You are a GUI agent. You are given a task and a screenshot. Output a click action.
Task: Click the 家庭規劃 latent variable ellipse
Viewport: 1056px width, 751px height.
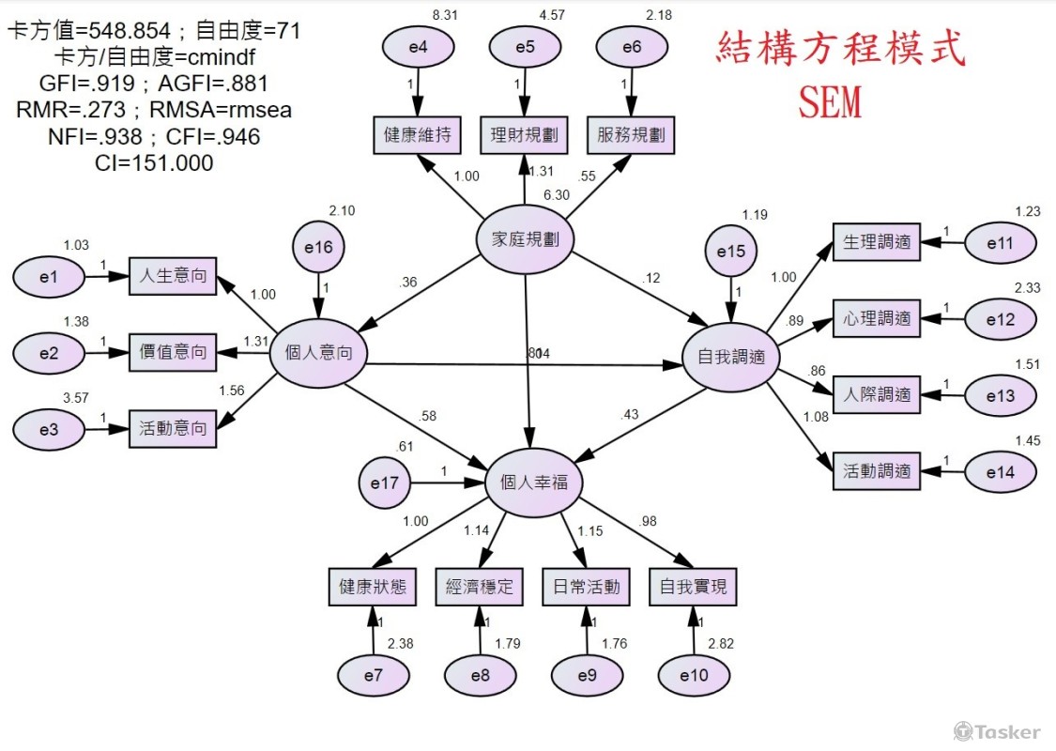point(525,239)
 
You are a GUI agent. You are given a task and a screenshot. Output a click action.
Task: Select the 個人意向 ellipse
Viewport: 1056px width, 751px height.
point(318,354)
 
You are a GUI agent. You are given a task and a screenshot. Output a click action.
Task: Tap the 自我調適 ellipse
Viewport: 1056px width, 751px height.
point(731,357)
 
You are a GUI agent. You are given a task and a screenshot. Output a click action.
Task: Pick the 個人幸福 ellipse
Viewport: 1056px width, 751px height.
point(533,483)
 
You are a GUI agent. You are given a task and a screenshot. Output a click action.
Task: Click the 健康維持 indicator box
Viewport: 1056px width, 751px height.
point(417,135)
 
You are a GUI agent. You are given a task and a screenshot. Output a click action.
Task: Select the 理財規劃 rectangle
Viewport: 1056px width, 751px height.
point(524,135)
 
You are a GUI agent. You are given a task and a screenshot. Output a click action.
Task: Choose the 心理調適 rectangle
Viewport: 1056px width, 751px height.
point(876,318)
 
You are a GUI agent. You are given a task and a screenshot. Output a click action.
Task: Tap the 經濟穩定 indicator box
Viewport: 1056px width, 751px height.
point(479,588)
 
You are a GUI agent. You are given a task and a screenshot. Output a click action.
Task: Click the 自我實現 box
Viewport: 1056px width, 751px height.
point(693,588)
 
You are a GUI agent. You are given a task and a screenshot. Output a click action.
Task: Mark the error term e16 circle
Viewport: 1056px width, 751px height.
point(318,247)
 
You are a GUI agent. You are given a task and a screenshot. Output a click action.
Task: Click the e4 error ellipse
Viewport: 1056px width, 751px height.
point(418,49)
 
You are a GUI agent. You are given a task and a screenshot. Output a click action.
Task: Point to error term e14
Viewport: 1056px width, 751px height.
point(1001,472)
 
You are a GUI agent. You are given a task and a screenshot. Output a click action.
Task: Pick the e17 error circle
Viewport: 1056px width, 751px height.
point(384,484)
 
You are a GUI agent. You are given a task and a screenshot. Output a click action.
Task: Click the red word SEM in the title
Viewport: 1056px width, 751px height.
point(830,101)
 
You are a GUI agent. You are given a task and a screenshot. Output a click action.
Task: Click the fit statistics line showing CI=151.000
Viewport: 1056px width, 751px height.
point(154,163)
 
